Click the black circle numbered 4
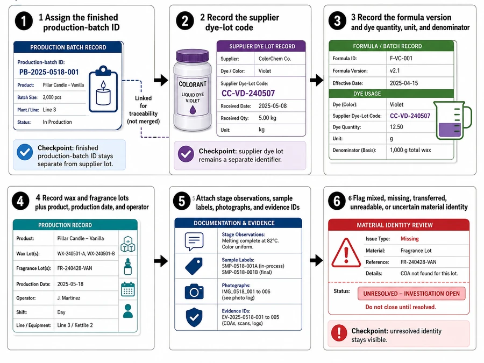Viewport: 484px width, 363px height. (x=20, y=201)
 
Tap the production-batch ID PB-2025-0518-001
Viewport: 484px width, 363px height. (x=49, y=72)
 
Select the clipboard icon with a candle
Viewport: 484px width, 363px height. (x=103, y=89)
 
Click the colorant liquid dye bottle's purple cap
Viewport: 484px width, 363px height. (x=193, y=56)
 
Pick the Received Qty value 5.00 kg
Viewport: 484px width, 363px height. (x=267, y=118)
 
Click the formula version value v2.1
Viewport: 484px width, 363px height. (x=395, y=70)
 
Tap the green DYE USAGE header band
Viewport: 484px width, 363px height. (x=391, y=94)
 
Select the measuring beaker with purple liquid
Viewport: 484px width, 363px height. (x=452, y=120)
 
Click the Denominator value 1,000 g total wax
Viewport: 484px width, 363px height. (x=410, y=150)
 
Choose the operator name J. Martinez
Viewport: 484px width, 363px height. (x=68, y=298)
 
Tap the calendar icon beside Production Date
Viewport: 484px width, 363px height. (x=128, y=289)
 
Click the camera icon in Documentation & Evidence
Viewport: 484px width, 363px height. (x=194, y=291)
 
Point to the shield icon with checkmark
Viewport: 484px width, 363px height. (x=194, y=317)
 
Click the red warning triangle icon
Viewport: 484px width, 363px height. (x=346, y=253)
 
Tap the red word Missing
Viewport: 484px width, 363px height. (x=410, y=239)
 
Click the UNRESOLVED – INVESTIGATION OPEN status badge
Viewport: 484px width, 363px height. (x=411, y=294)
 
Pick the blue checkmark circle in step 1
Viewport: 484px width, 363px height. (x=25, y=152)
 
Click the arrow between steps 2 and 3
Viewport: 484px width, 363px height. (x=316, y=80)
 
